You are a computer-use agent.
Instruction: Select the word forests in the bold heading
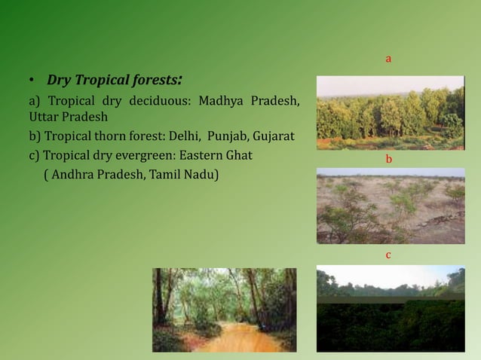tap(155, 80)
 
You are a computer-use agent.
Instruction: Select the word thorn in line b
tap(118, 137)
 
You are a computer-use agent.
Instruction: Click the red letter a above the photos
tap(388, 58)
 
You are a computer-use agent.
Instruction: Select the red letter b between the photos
tap(388, 160)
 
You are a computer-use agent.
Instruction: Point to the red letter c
tap(388, 255)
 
